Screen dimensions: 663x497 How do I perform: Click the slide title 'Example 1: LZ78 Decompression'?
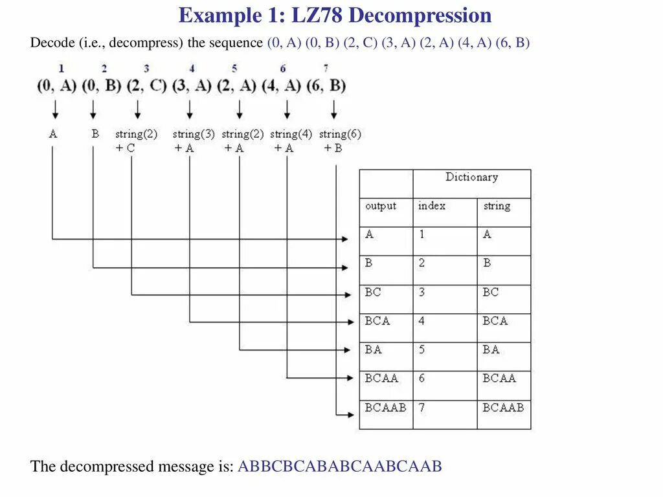335,16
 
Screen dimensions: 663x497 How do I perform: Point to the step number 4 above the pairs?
192,69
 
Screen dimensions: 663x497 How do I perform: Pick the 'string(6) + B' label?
339,141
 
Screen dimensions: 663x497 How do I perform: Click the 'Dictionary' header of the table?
471,177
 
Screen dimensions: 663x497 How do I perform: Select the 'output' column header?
381,206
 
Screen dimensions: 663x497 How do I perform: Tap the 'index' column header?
432,206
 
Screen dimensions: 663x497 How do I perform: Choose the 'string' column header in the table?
497,206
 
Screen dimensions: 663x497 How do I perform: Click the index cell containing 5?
422,350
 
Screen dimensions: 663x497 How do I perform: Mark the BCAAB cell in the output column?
385,408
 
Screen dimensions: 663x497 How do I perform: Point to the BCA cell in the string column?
495,321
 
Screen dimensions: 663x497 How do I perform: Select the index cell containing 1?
421,235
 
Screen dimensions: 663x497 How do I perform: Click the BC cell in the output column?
374,293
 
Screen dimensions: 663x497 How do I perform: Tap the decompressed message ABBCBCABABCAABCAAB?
340,467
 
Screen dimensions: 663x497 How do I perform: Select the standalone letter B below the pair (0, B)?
95,135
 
